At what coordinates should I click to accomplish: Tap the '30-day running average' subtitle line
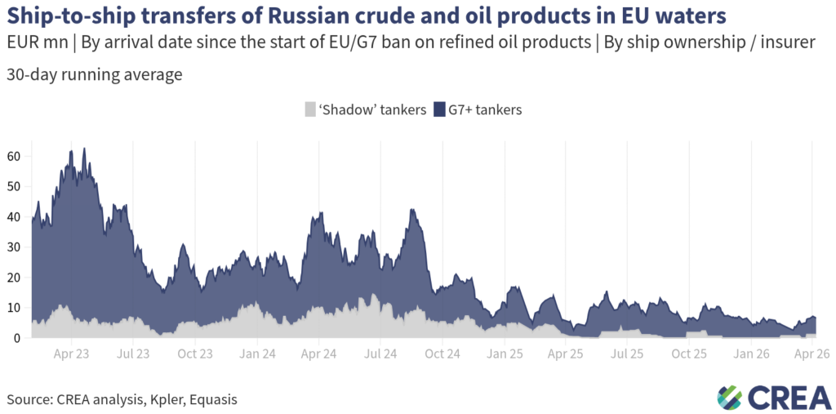(x=94, y=74)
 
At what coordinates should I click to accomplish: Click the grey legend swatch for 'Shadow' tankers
(x=309, y=109)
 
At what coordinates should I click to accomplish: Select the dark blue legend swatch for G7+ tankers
(x=438, y=109)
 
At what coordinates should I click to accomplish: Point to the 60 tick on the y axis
(x=14, y=155)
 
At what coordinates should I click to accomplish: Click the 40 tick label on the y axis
(x=14, y=216)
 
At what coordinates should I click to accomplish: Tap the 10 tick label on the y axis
(x=14, y=308)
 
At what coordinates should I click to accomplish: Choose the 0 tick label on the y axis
(x=17, y=338)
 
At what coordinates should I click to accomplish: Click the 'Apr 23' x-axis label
(x=71, y=354)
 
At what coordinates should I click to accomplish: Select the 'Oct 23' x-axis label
(x=194, y=354)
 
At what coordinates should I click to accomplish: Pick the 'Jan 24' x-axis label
(x=256, y=354)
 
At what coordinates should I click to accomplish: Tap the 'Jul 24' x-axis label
(x=380, y=354)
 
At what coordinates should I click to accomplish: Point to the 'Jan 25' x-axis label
(x=504, y=354)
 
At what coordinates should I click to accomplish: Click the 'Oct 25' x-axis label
(x=689, y=354)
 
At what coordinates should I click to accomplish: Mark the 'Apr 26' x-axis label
(x=813, y=354)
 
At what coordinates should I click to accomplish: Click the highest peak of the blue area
(x=84, y=149)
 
